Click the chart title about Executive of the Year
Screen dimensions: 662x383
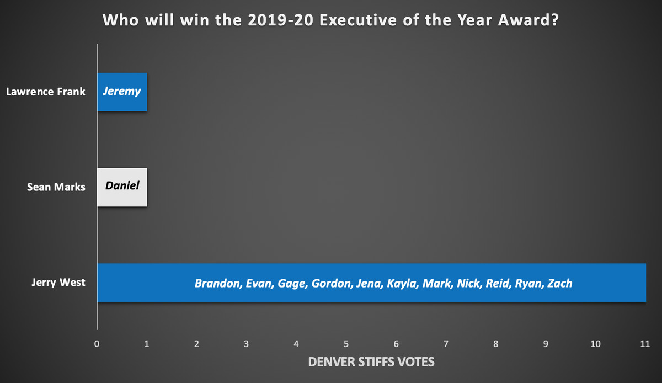click(330, 20)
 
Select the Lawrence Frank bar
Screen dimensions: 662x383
click(122, 92)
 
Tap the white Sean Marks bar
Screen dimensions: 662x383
click(122, 187)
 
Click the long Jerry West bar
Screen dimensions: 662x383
click(371, 283)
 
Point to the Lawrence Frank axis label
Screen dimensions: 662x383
click(45, 92)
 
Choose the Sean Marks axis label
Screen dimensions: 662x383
click(56, 187)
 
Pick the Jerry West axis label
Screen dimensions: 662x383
click(58, 283)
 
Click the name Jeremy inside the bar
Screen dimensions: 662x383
click(122, 92)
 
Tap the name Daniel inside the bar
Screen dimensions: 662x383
click(122, 186)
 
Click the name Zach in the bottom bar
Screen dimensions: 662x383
click(560, 283)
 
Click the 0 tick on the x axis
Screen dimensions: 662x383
click(97, 344)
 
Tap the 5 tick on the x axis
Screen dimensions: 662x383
click(346, 344)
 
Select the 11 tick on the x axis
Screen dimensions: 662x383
click(645, 344)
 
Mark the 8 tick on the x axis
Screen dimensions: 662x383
click(495, 344)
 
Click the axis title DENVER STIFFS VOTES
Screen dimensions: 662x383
click(371, 362)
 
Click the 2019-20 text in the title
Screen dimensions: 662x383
click(280, 20)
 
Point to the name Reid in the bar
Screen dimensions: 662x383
click(498, 283)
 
